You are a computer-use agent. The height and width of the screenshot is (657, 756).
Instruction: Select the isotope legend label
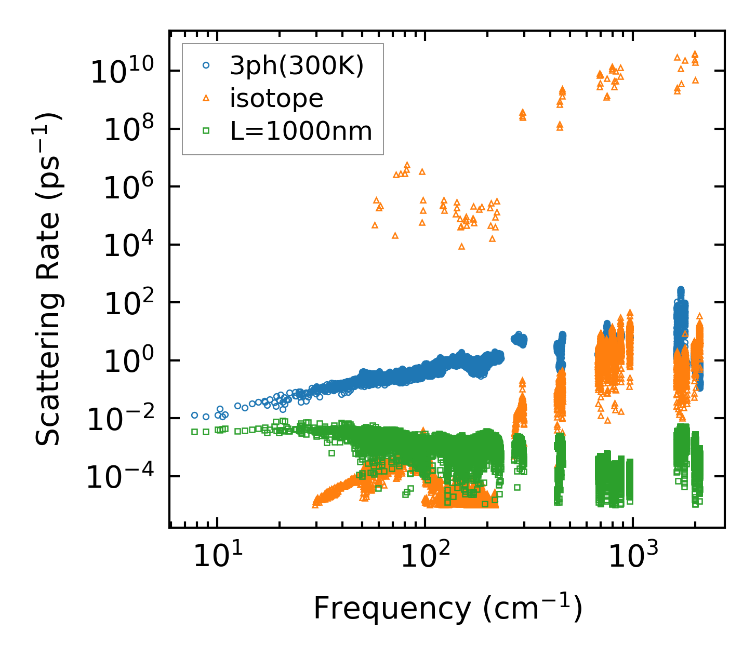click(x=276, y=99)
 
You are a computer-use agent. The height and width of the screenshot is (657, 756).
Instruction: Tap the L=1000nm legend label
click(x=301, y=131)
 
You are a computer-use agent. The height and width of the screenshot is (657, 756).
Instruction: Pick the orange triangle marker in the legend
click(x=206, y=98)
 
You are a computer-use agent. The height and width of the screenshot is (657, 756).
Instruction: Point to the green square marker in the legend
click(x=206, y=131)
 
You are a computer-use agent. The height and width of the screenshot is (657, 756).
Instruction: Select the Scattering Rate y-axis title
click(x=48, y=279)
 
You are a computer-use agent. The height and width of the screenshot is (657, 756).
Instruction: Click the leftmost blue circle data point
click(x=195, y=415)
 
